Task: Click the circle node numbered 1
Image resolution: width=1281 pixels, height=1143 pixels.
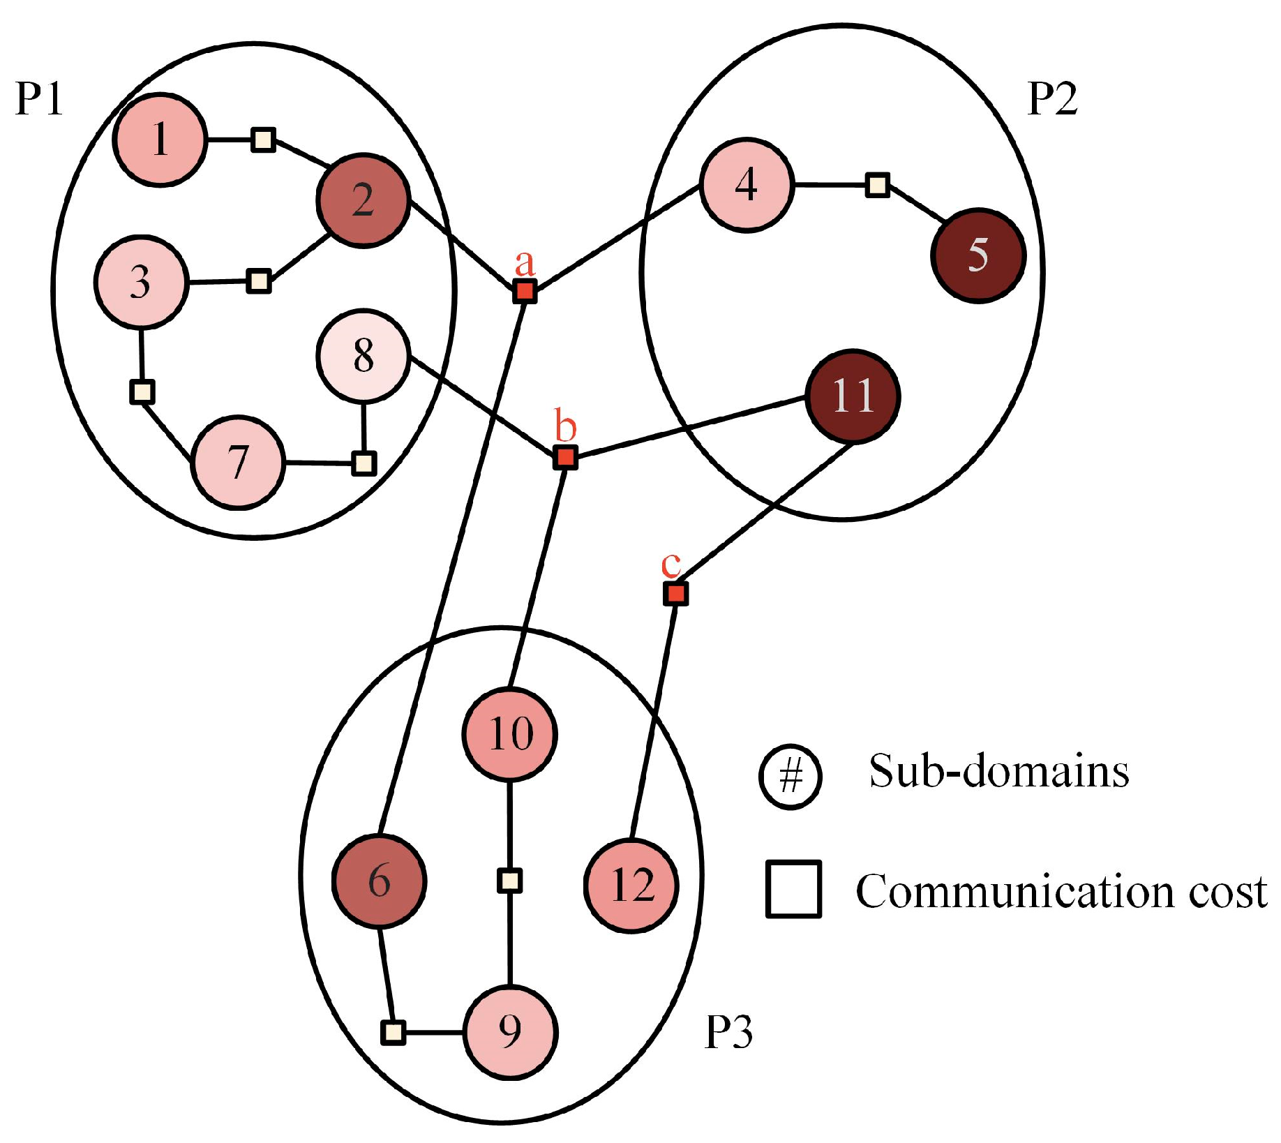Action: (x=160, y=140)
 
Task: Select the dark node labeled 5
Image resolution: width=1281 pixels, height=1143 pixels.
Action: (x=978, y=255)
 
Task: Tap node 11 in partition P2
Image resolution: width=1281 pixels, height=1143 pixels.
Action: (x=853, y=396)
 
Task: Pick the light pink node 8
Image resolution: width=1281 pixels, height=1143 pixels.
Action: (x=363, y=356)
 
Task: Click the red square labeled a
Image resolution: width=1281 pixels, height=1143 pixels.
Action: (x=525, y=291)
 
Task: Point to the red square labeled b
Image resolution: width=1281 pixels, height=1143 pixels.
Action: (x=565, y=458)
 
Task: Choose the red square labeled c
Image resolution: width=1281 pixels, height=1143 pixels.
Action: (x=675, y=594)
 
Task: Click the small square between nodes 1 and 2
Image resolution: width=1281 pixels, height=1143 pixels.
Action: (x=263, y=140)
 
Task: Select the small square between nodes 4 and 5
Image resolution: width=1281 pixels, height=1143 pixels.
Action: (x=877, y=185)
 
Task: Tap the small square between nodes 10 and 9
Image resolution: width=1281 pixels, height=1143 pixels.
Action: (x=509, y=881)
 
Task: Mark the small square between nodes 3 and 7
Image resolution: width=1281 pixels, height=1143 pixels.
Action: (x=142, y=391)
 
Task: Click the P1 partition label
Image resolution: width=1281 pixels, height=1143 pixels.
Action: (x=39, y=99)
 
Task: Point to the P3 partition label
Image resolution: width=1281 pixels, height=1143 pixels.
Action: (x=728, y=1032)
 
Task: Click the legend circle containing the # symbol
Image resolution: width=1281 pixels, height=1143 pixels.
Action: (x=791, y=776)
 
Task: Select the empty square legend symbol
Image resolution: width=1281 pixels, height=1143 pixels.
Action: (x=793, y=889)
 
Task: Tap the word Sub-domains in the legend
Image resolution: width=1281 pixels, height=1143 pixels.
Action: (x=998, y=772)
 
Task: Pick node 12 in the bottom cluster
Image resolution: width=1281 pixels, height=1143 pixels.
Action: (x=631, y=886)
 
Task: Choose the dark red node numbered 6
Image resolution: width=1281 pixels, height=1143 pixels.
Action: (x=379, y=881)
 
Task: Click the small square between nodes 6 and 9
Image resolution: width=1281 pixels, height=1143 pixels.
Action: (x=394, y=1032)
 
